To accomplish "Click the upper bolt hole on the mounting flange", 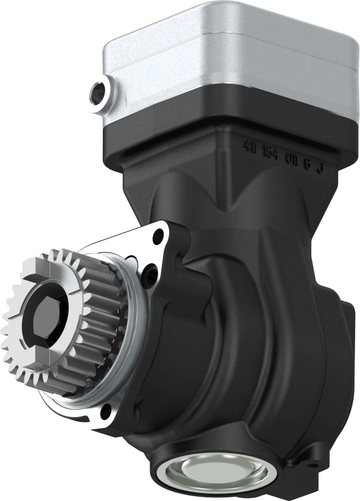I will point(159,235).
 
